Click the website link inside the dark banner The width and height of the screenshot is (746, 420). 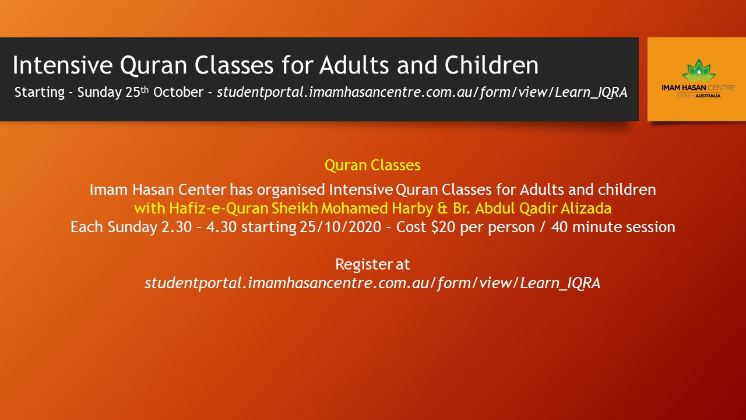coord(422,92)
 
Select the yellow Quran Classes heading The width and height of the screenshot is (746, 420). coord(372,166)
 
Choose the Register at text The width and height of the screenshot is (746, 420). coord(372,264)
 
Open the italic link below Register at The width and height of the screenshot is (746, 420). coord(372,283)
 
